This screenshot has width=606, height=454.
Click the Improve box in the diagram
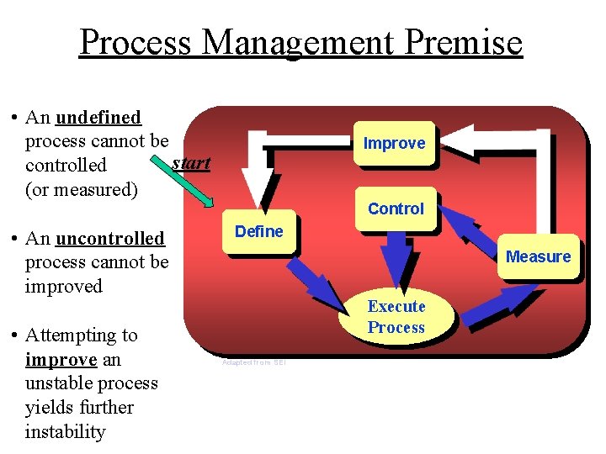[x=394, y=144]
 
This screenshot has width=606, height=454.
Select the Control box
[x=396, y=209]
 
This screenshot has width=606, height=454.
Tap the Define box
[x=258, y=232]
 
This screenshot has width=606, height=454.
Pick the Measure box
[x=538, y=256]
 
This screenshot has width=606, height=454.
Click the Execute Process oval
[x=396, y=318]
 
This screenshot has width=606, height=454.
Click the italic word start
[x=191, y=162]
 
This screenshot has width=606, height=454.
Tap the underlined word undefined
[x=98, y=117]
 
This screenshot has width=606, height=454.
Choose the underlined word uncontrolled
[x=109, y=239]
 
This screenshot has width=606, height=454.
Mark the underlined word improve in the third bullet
[x=60, y=360]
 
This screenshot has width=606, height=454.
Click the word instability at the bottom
[x=66, y=432]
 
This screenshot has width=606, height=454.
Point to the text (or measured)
[x=82, y=189]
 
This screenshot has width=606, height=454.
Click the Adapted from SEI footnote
[x=253, y=362]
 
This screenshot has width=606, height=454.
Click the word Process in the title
[x=135, y=41]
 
